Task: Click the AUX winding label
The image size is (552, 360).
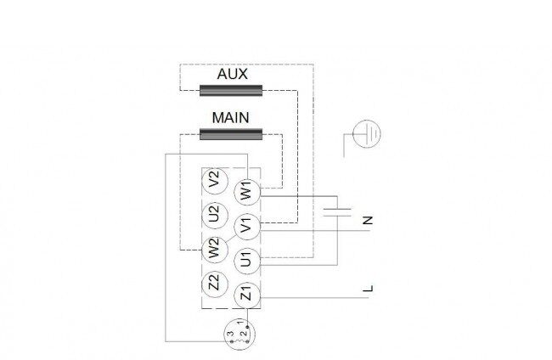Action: pyautogui.click(x=233, y=74)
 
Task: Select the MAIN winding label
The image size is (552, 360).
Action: pyautogui.click(x=231, y=117)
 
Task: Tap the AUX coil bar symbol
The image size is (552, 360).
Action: pyautogui.click(x=231, y=91)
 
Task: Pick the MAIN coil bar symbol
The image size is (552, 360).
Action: pyautogui.click(x=231, y=134)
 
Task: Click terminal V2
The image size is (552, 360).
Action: pyautogui.click(x=215, y=181)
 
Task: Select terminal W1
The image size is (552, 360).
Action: pyautogui.click(x=247, y=192)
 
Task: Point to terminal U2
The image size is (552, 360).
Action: pyautogui.click(x=215, y=215)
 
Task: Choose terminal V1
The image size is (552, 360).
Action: pyautogui.click(x=247, y=227)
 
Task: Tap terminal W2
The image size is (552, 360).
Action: pyautogui.click(x=215, y=250)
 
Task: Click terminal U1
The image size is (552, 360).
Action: pyautogui.click(x=247, y=262)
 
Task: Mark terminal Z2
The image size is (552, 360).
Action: pyautogui.click(x=215, y=284)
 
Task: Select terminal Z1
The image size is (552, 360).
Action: pyautogui.click(x=247, y=295)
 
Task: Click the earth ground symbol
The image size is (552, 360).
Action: pyautogui.click(x=367, y=133)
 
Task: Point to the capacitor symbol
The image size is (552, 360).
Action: pyautogui.click(x=337, y=212)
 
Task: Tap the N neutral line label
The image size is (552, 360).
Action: pyautogui.click(x=368, y=221)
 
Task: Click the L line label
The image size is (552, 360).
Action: pyautogui.click(x=368, y=289)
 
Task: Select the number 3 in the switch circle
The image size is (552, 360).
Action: pyautogui.click(x=231, y=334)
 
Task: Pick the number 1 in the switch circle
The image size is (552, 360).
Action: pyautogui.click(x=240, y=322)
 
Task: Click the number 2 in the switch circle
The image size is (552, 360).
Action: pyautogui.click(x=242, y=334)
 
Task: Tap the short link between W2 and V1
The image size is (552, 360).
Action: pyautogui.click(x=231, y=238)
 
